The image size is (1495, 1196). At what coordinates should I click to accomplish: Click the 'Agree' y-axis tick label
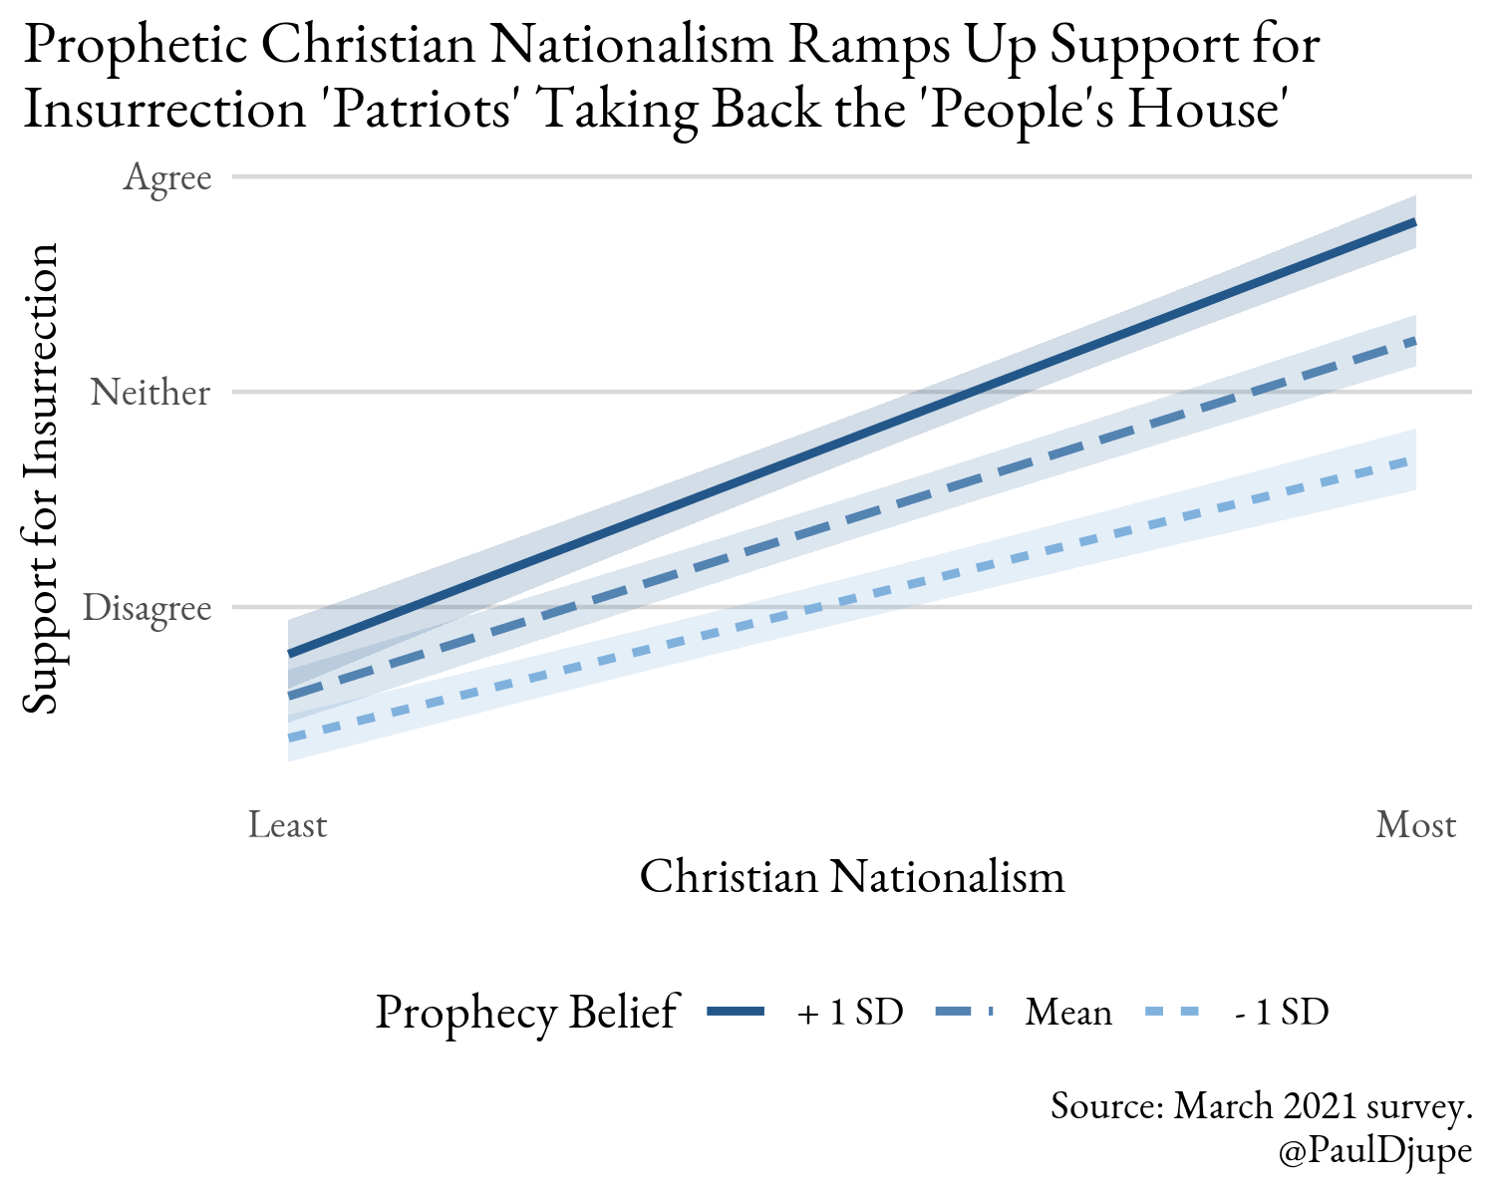point(167,177)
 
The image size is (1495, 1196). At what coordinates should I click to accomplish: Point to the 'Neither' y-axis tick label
point(150,393)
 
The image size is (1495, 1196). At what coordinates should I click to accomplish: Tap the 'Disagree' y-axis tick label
point(148,608)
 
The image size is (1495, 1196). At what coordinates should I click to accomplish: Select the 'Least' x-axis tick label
point(287,825)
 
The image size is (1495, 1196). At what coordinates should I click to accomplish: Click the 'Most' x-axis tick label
point(1415,825)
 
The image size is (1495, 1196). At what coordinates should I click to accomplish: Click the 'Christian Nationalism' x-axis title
point(852,877)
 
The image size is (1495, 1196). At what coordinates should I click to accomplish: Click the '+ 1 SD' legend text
point(850,1013)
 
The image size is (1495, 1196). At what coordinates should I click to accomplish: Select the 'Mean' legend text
point(1068,1013)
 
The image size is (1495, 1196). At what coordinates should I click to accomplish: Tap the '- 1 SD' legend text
point(1282,1013)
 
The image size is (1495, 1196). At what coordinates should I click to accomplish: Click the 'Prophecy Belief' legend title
point(526,1013)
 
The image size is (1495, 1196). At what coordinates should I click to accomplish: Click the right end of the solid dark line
point(1413,222)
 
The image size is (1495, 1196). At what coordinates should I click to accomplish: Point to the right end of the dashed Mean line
point(1413,342)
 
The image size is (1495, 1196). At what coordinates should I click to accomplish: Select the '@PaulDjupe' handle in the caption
point(1375,1151)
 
